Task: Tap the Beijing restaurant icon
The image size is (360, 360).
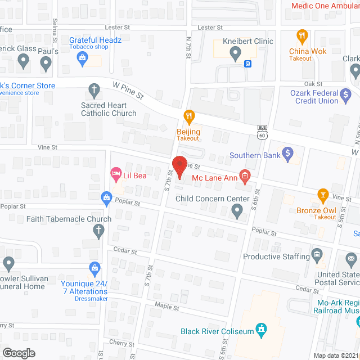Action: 190,116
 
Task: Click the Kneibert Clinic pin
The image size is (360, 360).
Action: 235,54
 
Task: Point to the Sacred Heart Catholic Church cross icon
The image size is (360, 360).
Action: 94,89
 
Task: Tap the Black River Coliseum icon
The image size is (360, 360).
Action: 260,330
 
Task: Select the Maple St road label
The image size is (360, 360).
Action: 168,308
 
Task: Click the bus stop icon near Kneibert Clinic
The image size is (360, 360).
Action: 247,64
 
